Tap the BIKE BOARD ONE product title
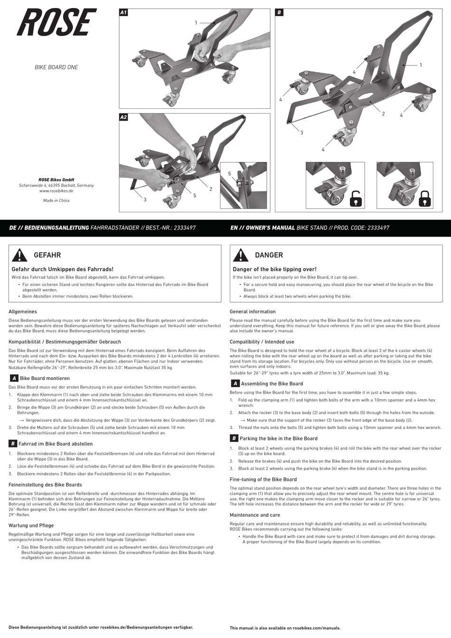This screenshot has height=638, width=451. pos(56,67)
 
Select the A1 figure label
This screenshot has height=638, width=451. pos(123,13)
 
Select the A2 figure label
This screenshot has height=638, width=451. pos(123,117)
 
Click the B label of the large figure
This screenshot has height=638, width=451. pos(279,13)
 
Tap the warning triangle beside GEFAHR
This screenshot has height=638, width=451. pos(19,256)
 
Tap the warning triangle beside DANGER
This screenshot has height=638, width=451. pos(241,256)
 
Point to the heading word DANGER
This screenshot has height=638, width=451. pos(269,255)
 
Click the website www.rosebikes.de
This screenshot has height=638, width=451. pos(56,190)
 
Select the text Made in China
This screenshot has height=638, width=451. pos(56,200)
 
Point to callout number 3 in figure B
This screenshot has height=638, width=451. pos(301,133)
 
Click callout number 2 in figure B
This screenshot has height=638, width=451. pos(383,114)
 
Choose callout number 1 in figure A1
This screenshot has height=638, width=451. pos(196,22)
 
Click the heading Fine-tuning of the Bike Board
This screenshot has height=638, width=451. pos(263,479)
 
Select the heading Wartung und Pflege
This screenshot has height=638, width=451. pos(31,525)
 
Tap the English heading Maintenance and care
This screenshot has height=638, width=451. pos(254,515)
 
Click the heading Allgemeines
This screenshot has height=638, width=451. pos(23,312)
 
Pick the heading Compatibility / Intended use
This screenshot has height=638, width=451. pos(262,342)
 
